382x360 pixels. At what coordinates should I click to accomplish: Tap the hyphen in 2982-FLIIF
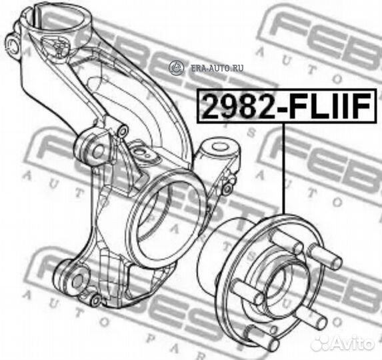[279, 109]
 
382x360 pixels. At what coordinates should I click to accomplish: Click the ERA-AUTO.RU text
[217, 67]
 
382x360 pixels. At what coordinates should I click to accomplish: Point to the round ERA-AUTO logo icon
[176, 67]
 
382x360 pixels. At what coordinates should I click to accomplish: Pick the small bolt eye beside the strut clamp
[13, 45]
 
